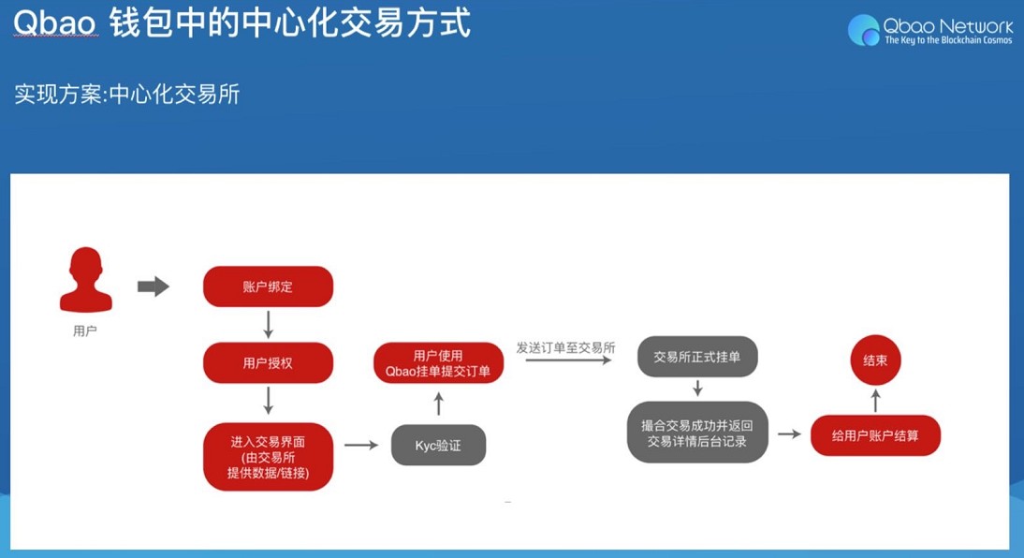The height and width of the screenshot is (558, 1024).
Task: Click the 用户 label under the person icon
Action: click(x=85, y=330)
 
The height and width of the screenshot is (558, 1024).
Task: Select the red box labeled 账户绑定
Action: click(x=268, y=286)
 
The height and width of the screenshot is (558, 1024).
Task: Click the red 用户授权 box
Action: click(x=268, y=362)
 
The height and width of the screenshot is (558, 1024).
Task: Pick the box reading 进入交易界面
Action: click(x=268, y=457)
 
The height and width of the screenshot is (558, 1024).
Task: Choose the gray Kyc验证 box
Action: click(x=438, y=446)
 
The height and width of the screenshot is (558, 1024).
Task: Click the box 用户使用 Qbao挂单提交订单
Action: click(x=438, y=363)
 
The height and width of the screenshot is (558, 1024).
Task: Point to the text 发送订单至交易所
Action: click(x=565, y=347)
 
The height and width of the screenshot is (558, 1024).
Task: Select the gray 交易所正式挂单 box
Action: click(x=696, y=358)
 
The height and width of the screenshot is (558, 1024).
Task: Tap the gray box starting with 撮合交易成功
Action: click(x=696, y=433)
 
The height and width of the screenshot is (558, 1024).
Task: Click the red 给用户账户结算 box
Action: click(x=875, y=435)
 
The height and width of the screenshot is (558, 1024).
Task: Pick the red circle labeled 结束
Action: click(x=875, y=360)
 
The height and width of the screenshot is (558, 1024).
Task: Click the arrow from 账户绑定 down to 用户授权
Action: click(x=269, y=324)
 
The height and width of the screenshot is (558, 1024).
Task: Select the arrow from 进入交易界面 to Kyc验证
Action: click(x=360, y=445)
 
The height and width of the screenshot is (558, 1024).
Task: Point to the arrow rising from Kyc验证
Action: click(x=438, y=404)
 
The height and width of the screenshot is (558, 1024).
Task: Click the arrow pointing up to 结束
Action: click(x=875, y=401)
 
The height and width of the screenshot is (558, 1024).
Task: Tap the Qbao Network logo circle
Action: click(x=863, y=30)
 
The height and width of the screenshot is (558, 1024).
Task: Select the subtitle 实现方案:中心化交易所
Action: click(x=127, y=95)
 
